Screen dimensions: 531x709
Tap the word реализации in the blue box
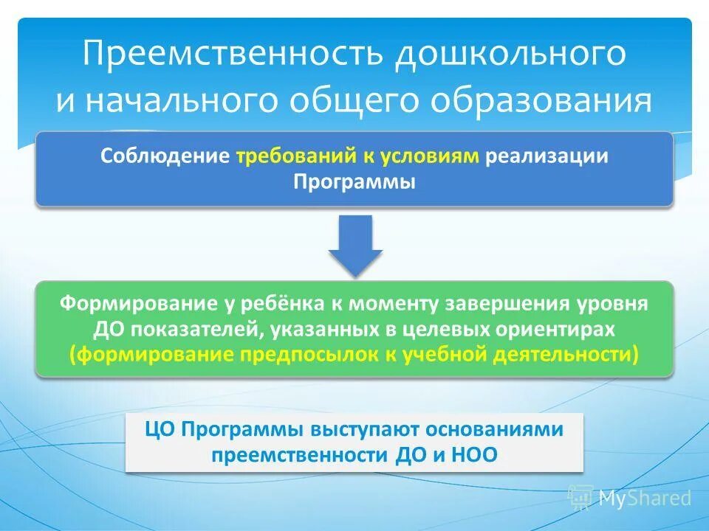coord(547,156)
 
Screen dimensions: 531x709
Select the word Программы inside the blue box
coord(354,181)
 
